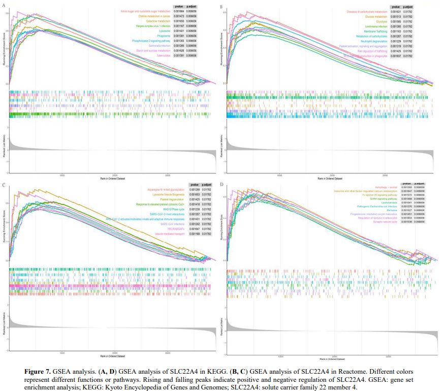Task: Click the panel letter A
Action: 4,6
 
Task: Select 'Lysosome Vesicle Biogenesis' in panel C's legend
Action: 165,195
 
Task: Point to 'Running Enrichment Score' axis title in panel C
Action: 5,224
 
